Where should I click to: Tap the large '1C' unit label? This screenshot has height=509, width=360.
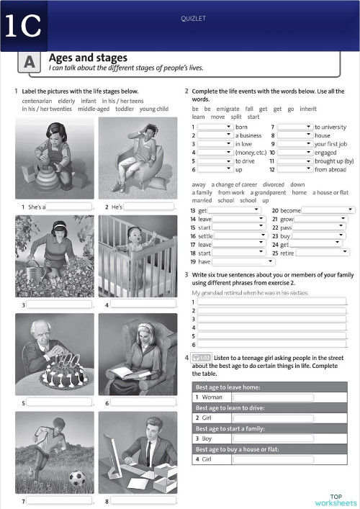point(22,27)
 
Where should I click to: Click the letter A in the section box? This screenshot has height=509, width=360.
point(30,63)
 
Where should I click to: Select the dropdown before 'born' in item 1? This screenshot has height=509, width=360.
point(215,127)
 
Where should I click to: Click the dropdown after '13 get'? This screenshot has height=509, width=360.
point(234,210)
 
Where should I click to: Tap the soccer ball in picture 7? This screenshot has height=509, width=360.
point(77,477)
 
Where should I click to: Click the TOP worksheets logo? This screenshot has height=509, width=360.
point(336,499)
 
